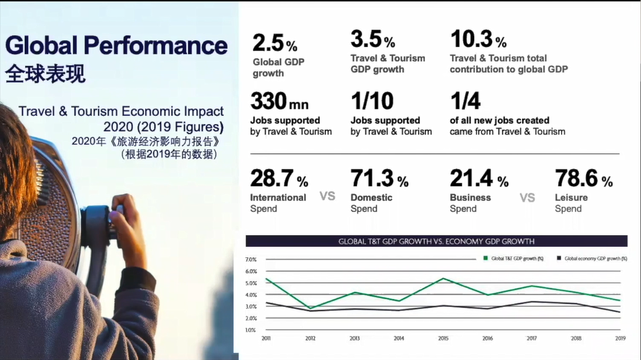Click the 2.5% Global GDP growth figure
pyautogui.click(x=275, y=43)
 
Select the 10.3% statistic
pyautogui.click(x=478, y=40)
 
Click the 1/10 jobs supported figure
pyautogui.click(x=372, y=102)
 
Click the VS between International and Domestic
pyautogui.click(x=328, y=196)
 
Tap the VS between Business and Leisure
pyautogui.click(x=528, y=198)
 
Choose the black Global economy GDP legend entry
pyautogui.click(x=591, y=259)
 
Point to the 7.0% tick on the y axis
pyautogui.click(x=251, y=260)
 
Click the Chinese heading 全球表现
pyautogui.click(x=46, y=73)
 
